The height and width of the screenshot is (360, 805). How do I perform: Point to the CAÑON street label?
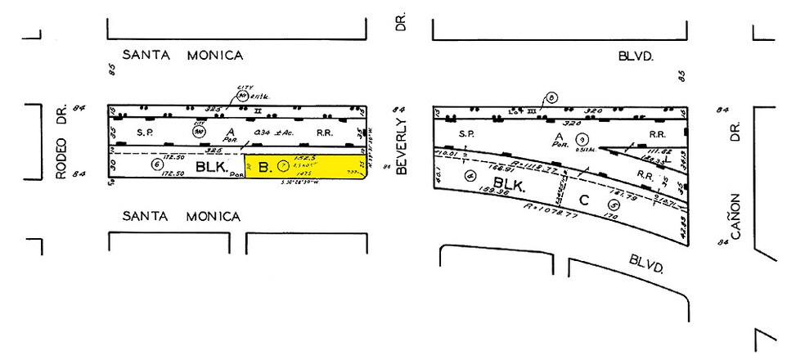coord(735,215)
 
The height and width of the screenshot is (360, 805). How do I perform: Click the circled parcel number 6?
coord(158,164)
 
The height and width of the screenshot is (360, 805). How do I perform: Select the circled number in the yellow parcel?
coord(284,165)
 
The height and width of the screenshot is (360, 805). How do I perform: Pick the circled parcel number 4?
coord(469,175)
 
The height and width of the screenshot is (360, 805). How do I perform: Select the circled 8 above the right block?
coord(552,99)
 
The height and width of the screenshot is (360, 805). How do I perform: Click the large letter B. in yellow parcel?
coord(263,168)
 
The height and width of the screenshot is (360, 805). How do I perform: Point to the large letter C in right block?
coord(583,199)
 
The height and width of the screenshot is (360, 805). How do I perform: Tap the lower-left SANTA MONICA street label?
coord(181,217)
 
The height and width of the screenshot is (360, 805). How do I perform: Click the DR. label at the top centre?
coord(401,23)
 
